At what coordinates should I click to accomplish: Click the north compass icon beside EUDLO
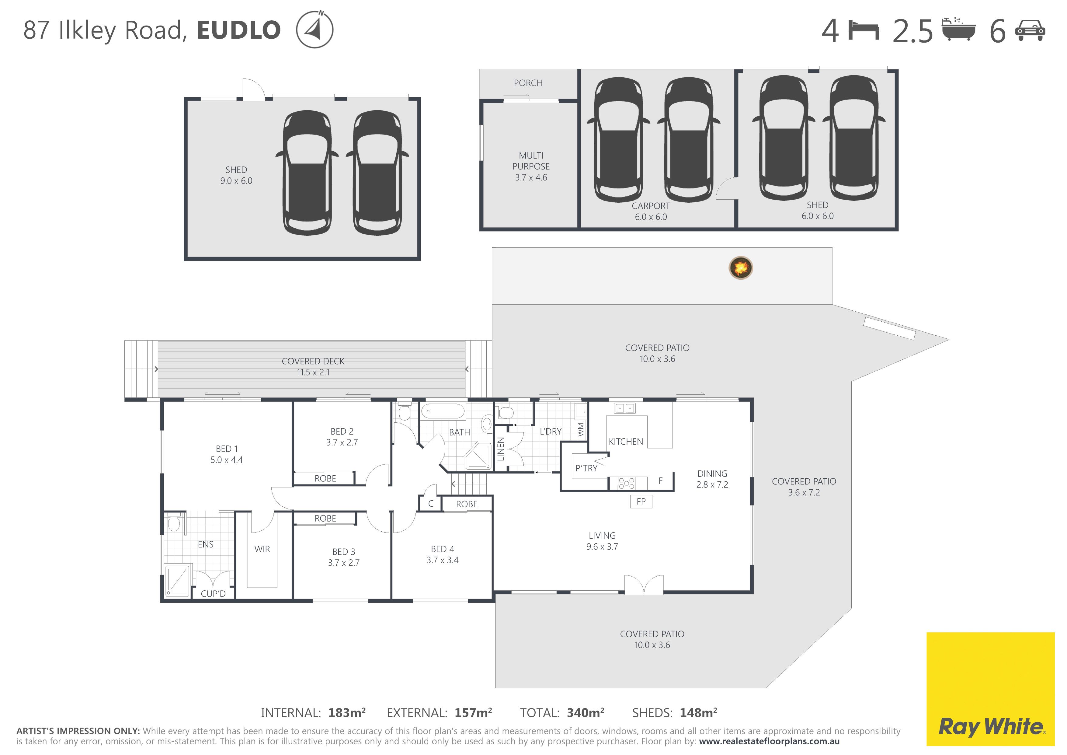315,29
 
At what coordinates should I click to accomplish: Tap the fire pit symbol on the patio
740,268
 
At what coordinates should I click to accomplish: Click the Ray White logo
990,689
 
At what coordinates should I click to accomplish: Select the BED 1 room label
227,454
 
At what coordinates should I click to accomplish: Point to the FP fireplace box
641,502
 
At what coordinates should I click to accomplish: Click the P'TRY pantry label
586,468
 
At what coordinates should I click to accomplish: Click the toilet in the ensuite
174,522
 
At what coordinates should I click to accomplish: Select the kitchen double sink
624,408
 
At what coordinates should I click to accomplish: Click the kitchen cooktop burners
627,484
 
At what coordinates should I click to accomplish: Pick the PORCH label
528,83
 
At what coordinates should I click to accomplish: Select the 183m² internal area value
347,713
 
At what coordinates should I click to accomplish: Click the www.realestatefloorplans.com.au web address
769,742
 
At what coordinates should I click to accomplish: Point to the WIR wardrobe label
262,549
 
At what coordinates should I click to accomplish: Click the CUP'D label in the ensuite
213,594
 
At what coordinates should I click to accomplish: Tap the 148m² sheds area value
698,713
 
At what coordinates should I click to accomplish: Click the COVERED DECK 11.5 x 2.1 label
313,367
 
